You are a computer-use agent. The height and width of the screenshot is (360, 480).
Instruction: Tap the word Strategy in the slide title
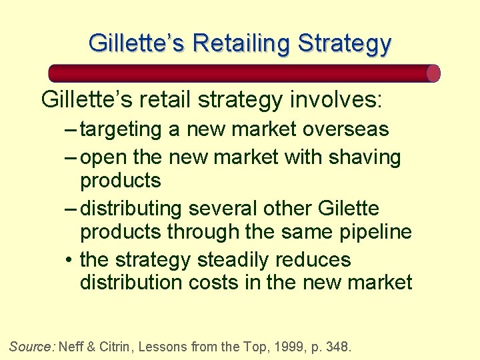coord(345,43)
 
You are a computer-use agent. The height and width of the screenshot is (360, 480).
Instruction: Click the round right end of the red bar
coord(433,73)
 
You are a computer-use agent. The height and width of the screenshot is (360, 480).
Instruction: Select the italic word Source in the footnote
coord(32,346)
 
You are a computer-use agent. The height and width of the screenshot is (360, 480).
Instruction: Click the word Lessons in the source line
coord(171,346)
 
